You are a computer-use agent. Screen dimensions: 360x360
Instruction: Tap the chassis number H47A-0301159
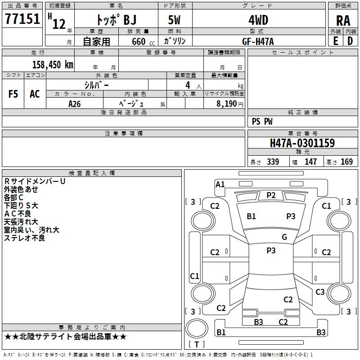click(x=302, y=143)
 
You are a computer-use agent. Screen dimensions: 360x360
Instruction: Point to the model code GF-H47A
click(x=258, y=41)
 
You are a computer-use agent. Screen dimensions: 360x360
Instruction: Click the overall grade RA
click(x=343, y=21)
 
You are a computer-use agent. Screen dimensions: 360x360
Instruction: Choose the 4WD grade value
click(x=258, y=20)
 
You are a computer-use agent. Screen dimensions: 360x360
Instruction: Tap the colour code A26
click(x=74, y=103)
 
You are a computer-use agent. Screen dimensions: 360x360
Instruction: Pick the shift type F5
click(x=13, y=94)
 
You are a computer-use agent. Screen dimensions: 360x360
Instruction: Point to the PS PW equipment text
click(x=262, y=121)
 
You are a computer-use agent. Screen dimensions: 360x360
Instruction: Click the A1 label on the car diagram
click(x=220, y=184)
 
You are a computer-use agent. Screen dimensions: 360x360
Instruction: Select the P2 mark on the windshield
click(x=271, y=195)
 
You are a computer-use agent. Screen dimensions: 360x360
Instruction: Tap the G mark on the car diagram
click(x=284, y=237)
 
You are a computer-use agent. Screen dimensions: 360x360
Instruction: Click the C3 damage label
click(x=320, y=292)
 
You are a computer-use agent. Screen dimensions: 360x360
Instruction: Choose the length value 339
click(x=273, y=162)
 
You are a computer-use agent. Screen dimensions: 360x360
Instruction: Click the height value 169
click(x=346, y=162)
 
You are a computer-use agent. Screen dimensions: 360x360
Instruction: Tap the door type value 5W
click(x=175, y=20)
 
